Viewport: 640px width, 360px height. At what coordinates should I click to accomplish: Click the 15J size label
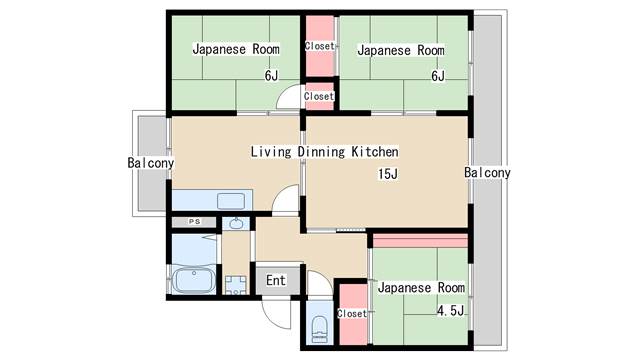coord(388,174)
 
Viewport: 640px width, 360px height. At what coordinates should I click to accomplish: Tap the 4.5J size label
coord(451,311)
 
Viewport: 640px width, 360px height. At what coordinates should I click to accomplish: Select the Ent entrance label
coord(276,280)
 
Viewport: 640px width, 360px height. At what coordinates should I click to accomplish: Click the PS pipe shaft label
coord(195,222)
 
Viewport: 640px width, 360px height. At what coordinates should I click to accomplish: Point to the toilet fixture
coord(319,329)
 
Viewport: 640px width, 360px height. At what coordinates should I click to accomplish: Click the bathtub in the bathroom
coord(193,280)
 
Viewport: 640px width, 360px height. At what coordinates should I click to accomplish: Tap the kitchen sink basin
coord(231,201)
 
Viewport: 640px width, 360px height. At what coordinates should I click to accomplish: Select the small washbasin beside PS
coord(236,223)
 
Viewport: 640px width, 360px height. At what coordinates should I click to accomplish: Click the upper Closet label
coord(320,46)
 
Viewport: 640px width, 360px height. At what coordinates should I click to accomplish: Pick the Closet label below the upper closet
coord(319,96)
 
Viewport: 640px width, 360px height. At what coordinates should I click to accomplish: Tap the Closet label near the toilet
coord(352,313)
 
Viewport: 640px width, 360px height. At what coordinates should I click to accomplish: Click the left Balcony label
coord(151,163)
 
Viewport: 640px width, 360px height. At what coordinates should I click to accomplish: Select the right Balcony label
coord(487,173)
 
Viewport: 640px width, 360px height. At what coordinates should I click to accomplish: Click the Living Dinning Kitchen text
coord(324,152)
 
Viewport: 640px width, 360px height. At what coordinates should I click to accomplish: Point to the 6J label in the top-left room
coord(271,76)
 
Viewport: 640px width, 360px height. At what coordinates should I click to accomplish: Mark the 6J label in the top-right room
coord(438,76)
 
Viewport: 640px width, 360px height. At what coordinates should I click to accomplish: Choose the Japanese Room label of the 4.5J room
coord(421,287)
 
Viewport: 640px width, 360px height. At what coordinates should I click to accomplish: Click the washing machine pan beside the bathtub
coord(236,284)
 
